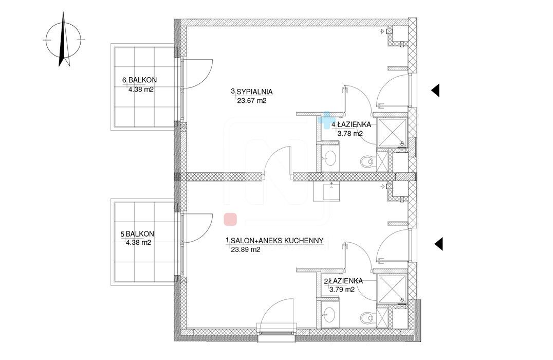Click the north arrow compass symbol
[x=64, y=40]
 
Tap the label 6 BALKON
[x=140, y=80]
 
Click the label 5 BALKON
[x=137, y=234]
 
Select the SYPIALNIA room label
[x=252, y=92]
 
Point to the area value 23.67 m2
[x=251, y=101]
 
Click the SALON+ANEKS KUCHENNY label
[x=275, y=241]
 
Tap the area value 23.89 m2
[x=246, y=249]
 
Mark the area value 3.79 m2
[x=342, y=290]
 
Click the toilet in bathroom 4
[x=367, y=161]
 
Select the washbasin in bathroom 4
[x=330, y=157]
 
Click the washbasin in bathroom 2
[x=330, y=313]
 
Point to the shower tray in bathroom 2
[x=392, y=289]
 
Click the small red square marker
[x=230, y=219]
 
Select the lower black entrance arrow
[x=438, y=244]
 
